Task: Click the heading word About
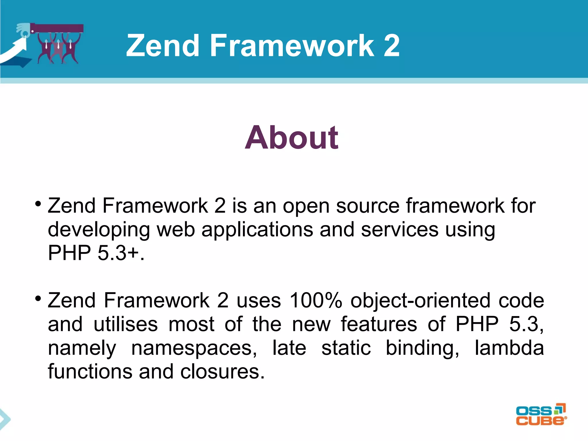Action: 291,138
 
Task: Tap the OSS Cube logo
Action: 541,415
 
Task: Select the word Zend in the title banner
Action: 163,45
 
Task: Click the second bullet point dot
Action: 38,299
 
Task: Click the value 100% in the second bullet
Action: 316,301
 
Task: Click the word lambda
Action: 509,348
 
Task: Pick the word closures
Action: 222,372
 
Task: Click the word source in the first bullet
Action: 368,206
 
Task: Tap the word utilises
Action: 126,324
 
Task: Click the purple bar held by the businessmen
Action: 57,28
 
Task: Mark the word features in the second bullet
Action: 379,324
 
